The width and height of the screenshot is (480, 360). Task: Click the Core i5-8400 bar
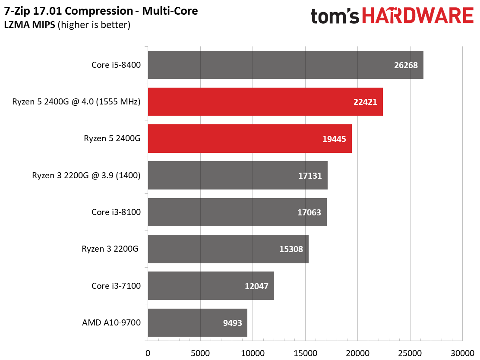[286, 65]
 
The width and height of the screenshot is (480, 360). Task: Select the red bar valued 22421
[265, 101]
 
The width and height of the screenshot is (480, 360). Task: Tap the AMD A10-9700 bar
[197, 322]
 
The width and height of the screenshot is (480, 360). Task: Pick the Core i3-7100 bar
[211, 286]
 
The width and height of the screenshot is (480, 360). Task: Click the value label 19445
[334, 139]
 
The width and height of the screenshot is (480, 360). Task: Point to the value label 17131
[310, 176]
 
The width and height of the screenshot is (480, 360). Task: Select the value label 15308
[291, 249]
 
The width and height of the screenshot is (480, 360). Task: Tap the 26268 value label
[406, 65]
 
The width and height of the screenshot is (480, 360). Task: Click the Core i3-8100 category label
[116, 212]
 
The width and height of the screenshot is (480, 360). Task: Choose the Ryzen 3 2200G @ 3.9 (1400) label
[86, 175]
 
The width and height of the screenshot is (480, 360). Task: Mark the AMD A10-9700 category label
[111, 322]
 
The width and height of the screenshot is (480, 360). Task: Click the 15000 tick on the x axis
[305, 353]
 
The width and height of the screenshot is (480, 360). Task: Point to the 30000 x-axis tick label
[463, 353]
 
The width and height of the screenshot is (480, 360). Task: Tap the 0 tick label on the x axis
[148, 353]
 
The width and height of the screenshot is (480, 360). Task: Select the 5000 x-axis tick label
[200, 353]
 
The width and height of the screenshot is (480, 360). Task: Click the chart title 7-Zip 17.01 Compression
[69, 11]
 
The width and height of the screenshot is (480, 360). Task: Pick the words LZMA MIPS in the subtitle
[30, 25]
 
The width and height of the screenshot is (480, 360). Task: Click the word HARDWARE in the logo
[418, 16]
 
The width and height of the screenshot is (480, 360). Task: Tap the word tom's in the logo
[335, 16]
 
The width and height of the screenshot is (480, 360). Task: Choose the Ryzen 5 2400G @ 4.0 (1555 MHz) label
[76, 101]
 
